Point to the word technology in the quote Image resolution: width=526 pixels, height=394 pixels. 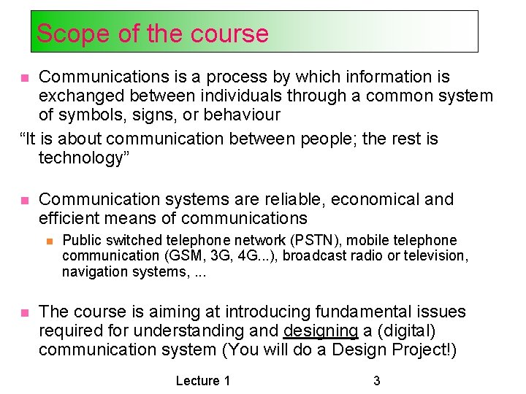[x=80, y=158]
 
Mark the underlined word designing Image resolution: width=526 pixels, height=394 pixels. [x=321, y=331]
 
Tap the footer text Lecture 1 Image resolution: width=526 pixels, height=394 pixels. [x=203, y=380]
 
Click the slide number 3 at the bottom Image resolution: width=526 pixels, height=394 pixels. [x=376, y=380]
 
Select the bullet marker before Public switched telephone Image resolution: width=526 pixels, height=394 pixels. [x=48, y=240]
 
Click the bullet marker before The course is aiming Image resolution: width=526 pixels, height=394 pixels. [x=24, y=312]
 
